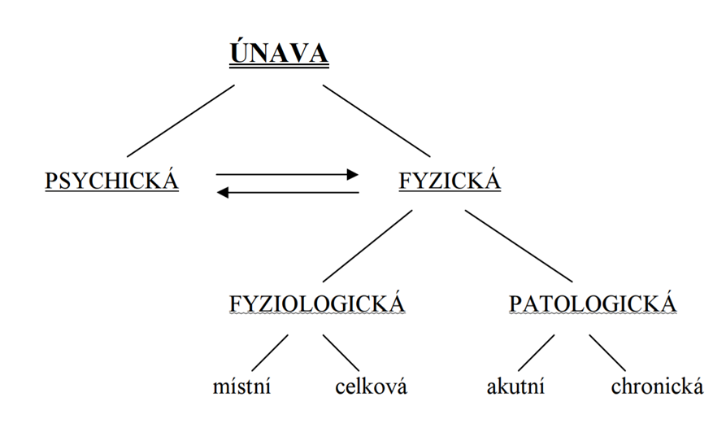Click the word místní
pyautogui.click(x=241, y=386)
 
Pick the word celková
pyautogui.click(x=372, y=386)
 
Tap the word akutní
pyautogui.click(x=515, y=386)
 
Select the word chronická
pyautogui.click(x=657, y=386)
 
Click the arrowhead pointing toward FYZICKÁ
pyautogui.click(x=353, y=175)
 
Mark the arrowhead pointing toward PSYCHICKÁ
pyautogui.click(x=223, y=192)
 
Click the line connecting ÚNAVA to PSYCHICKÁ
pyautogui.click(x=180, y=121)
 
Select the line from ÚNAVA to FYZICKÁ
pyautogui.click(x=376, y=121)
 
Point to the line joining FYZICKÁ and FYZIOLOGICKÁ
pyautogui.click(x=367, y=246)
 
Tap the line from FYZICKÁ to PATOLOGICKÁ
pyautogui.click(x=519, y=246)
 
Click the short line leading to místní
pyautogui.click(x=269, y=353)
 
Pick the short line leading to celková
pyautogui.click(x=341, y=353)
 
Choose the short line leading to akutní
pyautogui.click(x=536, y=353)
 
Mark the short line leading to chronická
pyautogui.click(x=607, y=353)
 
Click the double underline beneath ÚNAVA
pyautogui.click(x=279, y=68)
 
